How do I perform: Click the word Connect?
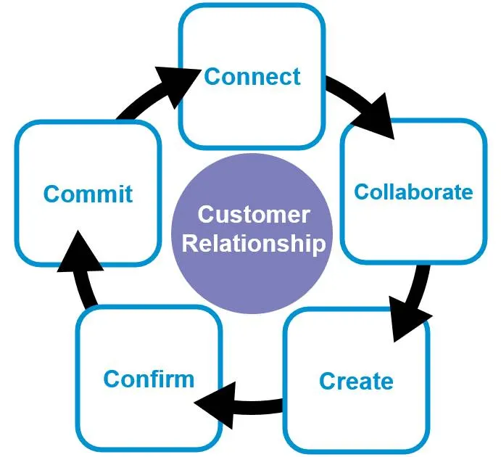pos(252,76)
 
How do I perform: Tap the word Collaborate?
pos(413,192)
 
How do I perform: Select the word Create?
pos(356,381)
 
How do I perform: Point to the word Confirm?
pos(149,379)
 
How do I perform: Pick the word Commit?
pos(88,194)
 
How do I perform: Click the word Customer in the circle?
pos(254,215)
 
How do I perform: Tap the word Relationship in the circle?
pos(254,244)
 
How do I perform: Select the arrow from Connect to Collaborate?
pos(355,102)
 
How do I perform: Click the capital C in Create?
pos(326,381)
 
